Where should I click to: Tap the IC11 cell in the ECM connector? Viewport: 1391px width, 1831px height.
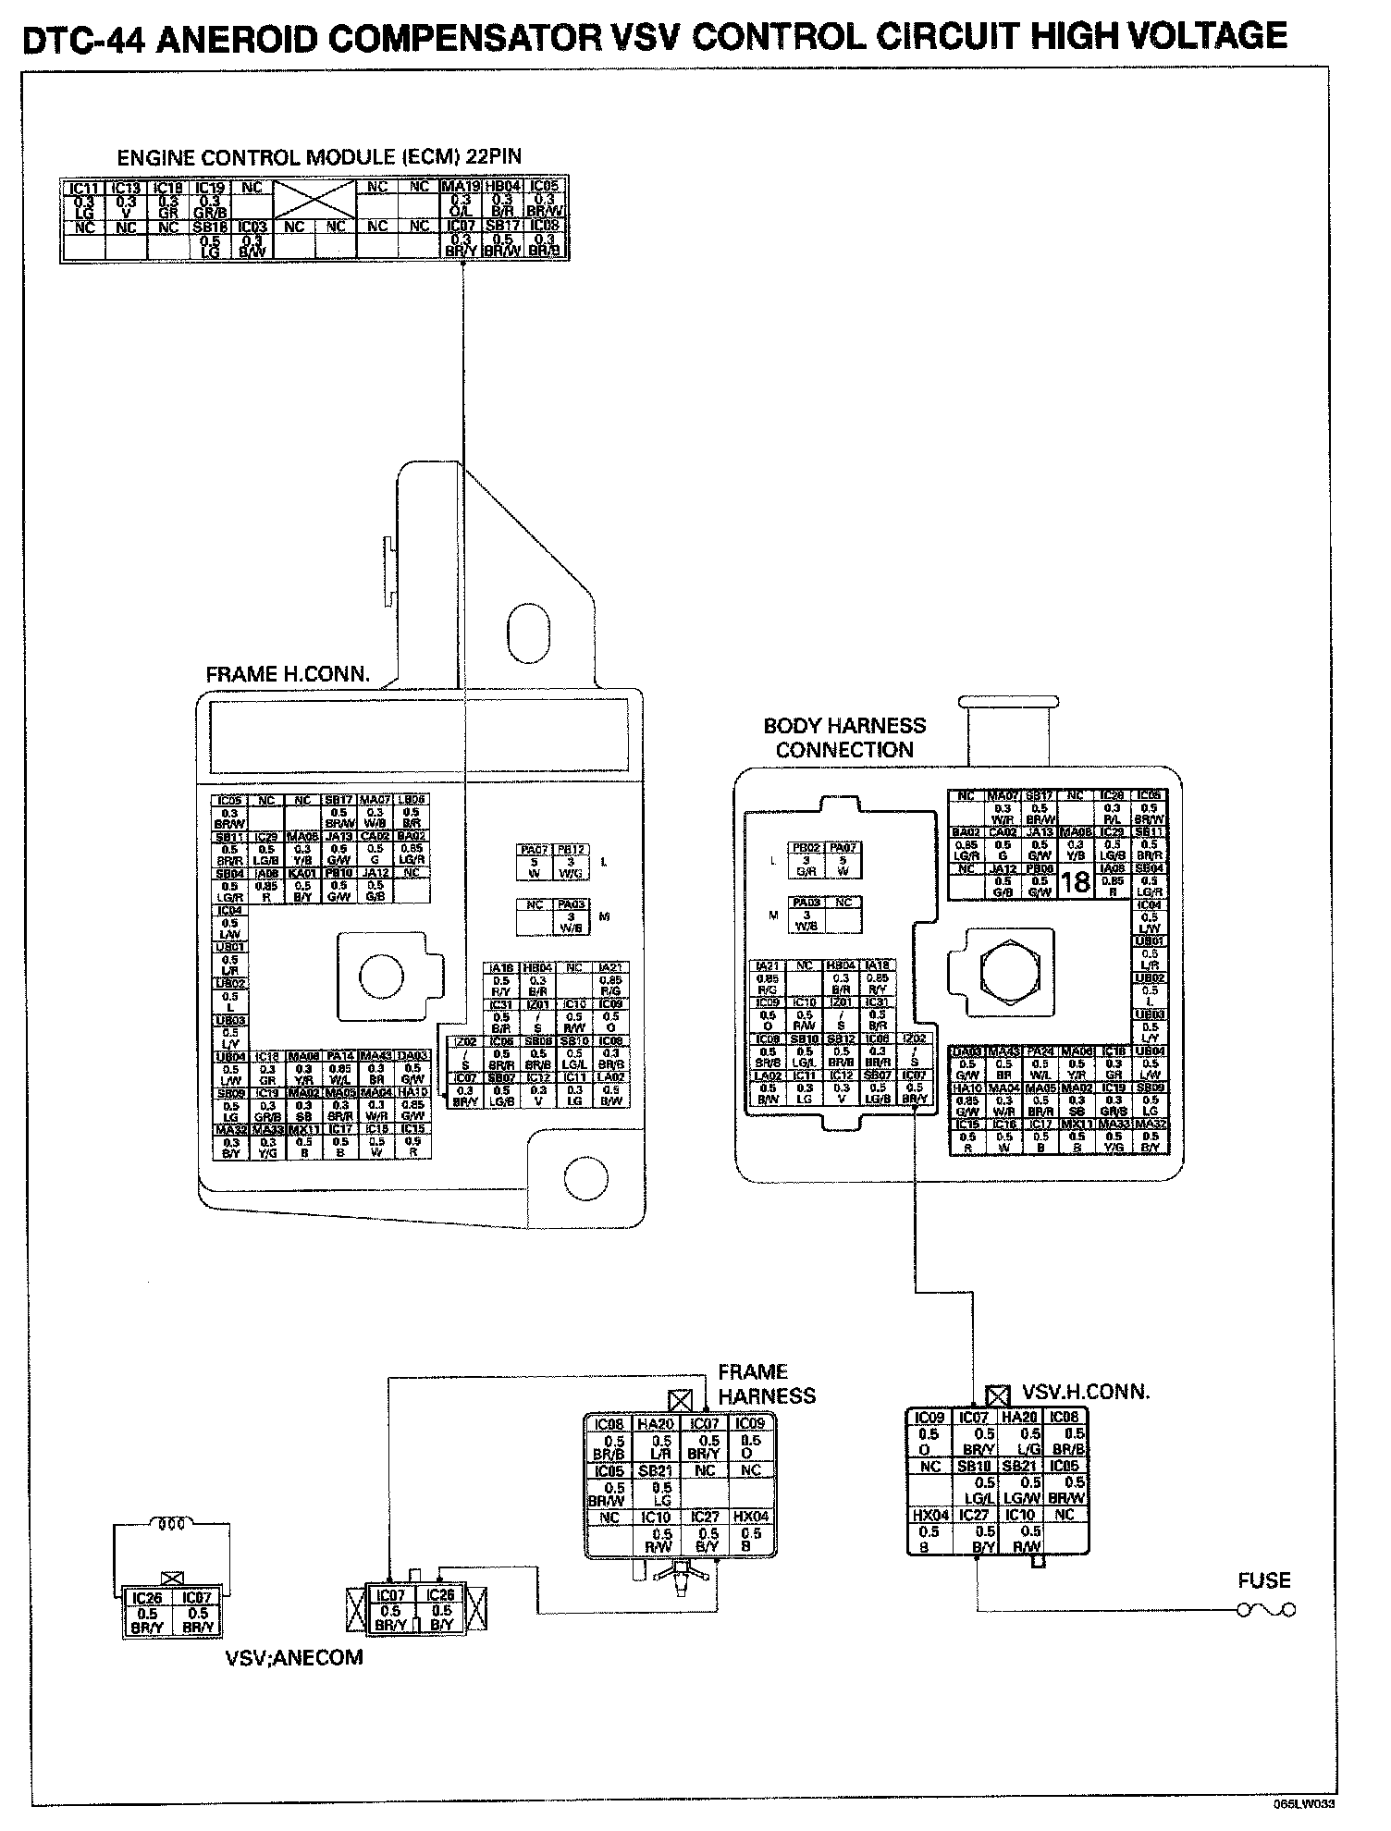pos(84,188)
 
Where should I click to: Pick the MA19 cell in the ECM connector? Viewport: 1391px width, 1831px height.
pos(460,187)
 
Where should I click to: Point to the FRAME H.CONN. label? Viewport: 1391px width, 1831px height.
pos(287,674)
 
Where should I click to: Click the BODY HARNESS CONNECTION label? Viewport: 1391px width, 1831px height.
pos(844,738)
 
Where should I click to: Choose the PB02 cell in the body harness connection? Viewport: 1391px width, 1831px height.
pos(806,847)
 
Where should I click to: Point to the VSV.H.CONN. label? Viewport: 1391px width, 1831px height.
pos(1086,1392)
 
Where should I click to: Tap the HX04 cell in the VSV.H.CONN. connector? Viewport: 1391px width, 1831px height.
pos(926,1515)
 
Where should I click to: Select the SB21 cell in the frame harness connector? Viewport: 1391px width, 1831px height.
pos(660,1469)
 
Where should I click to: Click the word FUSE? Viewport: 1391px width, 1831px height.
pos(1263,1580)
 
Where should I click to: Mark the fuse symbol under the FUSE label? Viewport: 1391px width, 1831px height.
pos(1267,1610)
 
